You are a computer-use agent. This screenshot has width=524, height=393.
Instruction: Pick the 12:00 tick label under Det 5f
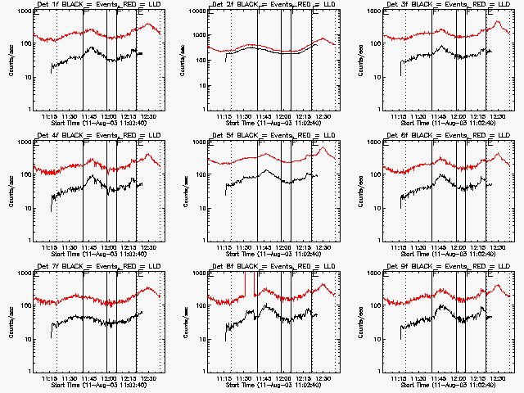pyautogui.click(x=283, y=248)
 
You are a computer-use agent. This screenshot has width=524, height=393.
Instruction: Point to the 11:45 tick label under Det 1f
pyautogui.click(x=88, y=117)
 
